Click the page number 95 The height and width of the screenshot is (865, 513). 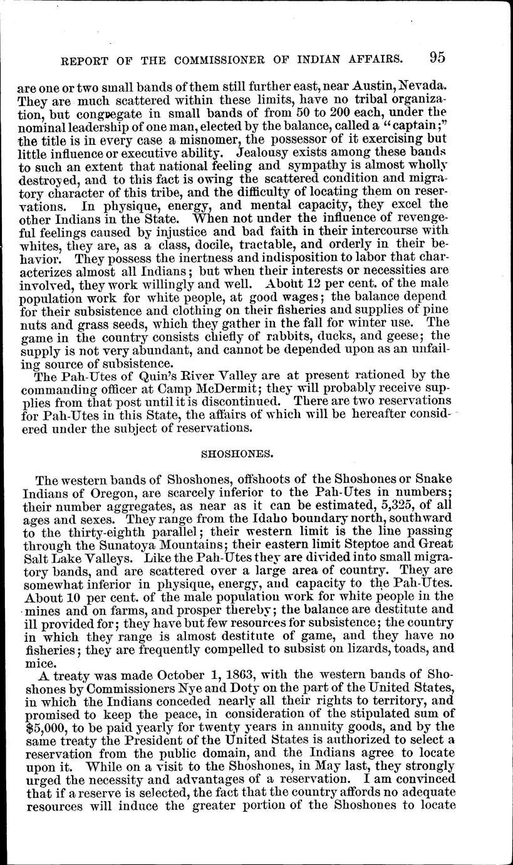tap(437, 58)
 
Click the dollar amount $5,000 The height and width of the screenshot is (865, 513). tap(56, 728)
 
